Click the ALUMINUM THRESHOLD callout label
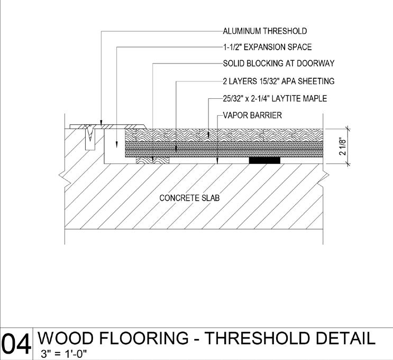264,31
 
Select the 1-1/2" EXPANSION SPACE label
267,47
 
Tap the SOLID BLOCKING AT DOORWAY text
278,63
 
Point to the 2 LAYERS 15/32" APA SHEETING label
278,81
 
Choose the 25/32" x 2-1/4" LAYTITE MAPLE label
275,98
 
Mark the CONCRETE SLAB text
189,198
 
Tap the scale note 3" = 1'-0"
64,354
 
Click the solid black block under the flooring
264,160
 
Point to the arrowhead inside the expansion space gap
115,140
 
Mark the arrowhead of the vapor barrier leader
218,161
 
